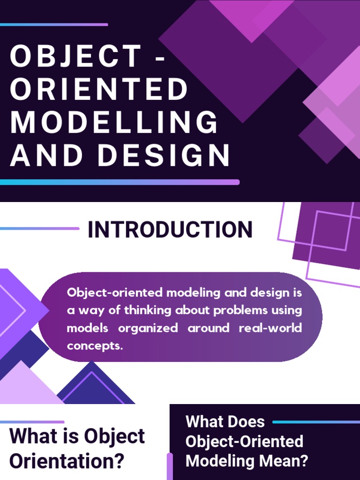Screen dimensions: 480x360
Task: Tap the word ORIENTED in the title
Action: click(x=99, y=89)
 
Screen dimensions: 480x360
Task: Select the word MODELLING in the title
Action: click(x=114, y=122)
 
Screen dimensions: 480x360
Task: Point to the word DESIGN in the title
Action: click(x=164, y=156)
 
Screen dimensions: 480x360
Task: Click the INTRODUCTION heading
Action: click(x=170, y=230)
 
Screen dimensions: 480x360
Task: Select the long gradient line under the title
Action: click(x=120, y=182)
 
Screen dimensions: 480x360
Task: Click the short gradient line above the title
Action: click(x=54, y=24)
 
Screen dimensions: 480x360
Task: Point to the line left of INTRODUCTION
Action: click(x=40, y=229)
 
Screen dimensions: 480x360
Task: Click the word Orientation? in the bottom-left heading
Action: click(x=67, y=461)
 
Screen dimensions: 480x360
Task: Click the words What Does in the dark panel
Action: click(x=225, y=421)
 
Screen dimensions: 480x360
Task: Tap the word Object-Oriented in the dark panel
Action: click(x=244, y=441)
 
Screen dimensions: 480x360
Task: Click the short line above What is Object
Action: click(x=32, y=422)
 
